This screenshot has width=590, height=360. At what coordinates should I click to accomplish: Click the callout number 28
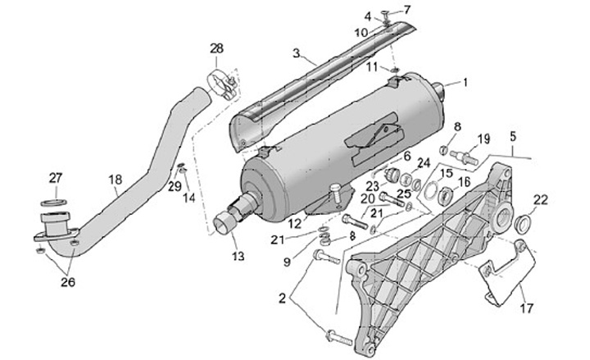coord(216,49)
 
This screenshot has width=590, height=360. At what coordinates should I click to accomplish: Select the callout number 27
coord(55,178)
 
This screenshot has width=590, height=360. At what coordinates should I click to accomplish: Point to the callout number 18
coord(115,178)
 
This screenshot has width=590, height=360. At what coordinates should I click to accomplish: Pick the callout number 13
coord(238,257)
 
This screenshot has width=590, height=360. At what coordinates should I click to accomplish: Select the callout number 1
coord(465,82)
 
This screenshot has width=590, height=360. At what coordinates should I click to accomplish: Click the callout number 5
coord(513,136)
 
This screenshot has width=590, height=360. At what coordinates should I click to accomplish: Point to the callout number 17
coord(525,308)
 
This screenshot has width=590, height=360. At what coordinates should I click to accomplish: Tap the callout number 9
coord(287,262)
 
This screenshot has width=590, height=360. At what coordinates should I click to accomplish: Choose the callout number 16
coord(465,182)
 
